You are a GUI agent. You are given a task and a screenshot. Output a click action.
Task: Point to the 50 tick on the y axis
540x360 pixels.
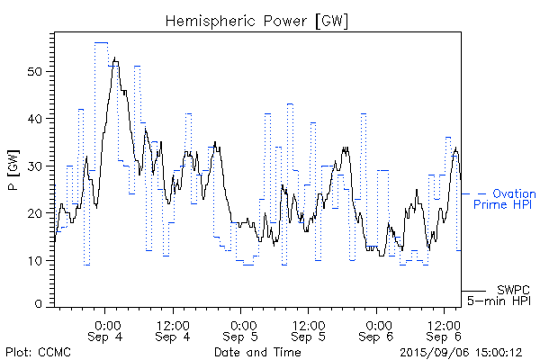point(37,71)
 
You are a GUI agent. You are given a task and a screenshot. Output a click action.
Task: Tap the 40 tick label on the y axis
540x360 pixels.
point(37,119)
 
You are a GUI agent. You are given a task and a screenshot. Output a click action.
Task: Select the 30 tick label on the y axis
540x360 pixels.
point(37,166)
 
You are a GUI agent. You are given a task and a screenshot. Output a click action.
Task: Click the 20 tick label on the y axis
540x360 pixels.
point(37,213)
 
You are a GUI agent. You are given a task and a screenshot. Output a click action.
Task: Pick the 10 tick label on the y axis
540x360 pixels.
point(37,260)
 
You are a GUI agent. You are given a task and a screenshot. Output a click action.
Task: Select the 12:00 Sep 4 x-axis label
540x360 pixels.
point(172,329)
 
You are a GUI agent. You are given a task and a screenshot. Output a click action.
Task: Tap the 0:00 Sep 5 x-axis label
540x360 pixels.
point(241,329)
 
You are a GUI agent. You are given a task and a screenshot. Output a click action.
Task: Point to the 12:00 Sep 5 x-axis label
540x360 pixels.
point(309,329)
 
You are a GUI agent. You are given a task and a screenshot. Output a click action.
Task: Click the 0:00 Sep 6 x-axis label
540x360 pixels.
point(377,329)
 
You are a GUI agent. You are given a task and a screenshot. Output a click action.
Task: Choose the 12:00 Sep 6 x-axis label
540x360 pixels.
point(445,329)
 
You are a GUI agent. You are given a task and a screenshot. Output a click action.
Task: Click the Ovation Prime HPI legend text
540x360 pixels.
point(504,199)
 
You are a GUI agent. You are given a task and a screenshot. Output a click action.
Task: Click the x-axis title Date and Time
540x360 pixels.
point(257,352)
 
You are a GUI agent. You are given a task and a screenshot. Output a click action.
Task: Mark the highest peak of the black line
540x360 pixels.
point(115,58)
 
